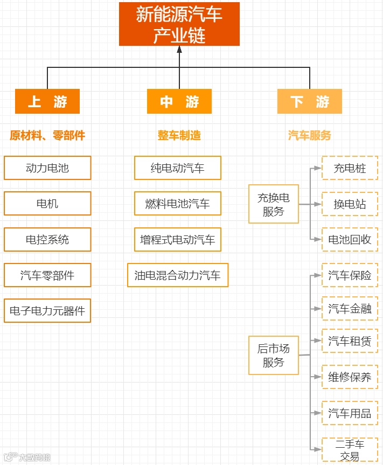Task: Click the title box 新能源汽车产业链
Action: click(179, 24)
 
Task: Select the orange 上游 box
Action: click(47, 101)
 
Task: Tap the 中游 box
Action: click(179, 101)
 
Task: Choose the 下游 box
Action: click(310, 101)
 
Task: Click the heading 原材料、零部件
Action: click(47, 135)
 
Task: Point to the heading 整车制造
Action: click(179, 135)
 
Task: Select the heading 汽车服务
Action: click(310, 135)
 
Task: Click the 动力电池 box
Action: click(47, 168)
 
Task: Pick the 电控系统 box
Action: click(47, 239)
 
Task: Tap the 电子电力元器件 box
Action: click(47, 311)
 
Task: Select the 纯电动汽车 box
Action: click(178, 168)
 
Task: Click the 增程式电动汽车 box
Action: click(178, 239)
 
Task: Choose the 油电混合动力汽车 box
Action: click(178, 275)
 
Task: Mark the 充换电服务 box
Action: click(274, 204)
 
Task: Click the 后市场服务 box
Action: click(274, 355)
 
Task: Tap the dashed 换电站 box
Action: click(350, 204)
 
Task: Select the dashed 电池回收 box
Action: click(350, 240)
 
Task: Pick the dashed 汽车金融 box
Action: click(350, 309)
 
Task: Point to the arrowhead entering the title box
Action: click(179, 50)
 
